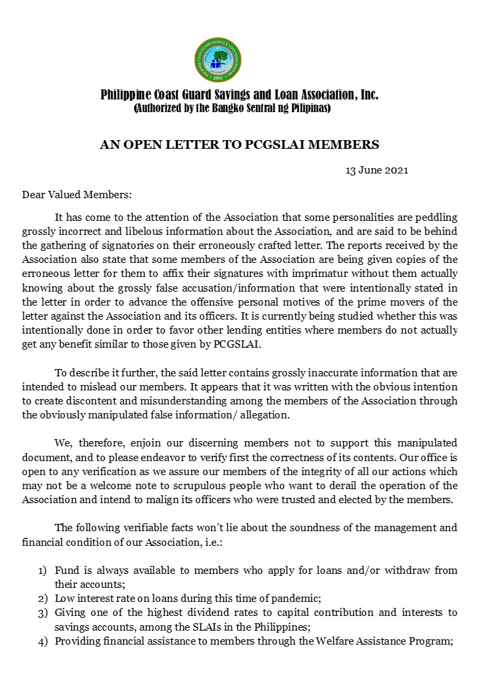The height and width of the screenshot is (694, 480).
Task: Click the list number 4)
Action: (x=42, y=641)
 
